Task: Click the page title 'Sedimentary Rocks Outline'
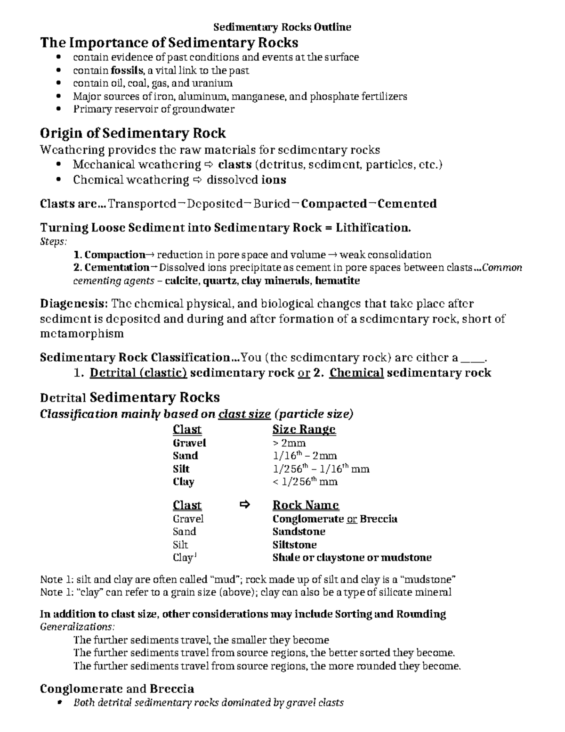pyautogui.click(x=282, y=27)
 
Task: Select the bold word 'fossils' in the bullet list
pyautogui.click(x=127, y=71)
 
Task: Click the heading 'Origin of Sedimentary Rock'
pyautogui.click(x=133, y=133)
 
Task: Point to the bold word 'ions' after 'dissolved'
pyautogui.click(x=274, y=180)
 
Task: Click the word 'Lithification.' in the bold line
pyautogui.click(x=373, y=228)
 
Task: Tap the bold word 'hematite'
pyautogui.click(x=337, y=281)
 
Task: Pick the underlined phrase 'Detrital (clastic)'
pyautogui.click(x=138, y=373)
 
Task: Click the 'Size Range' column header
pyautogui.click(x=304, y=429)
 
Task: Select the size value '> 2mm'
pyautogui.click(x=289, y=443)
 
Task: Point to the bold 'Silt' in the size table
pyautogui.click(x=181, y=469)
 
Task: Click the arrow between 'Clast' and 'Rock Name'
pyautogui.click(x=244, y=505)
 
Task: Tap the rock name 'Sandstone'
pyautogui.click(x=299, y=532)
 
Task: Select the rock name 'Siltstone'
pyautogui.click(x=294, y=545)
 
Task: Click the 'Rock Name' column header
pyautogui.click(x=306, y=505)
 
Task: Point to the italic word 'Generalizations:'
pyautogui.click(x=77, y=627)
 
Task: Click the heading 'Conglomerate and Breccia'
pyautogui.click(x=117, y=689)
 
